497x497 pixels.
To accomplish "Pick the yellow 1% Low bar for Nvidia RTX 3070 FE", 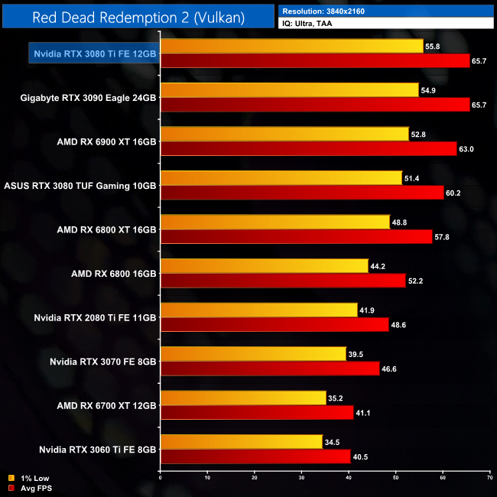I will click(253, 354).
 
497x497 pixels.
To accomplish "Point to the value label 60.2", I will click(455, 193).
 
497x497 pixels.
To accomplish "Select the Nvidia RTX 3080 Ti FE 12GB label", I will click(95, 54).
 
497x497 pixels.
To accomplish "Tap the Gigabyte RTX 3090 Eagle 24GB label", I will click(89, 97).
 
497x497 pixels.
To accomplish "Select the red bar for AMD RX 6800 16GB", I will click(283, 281).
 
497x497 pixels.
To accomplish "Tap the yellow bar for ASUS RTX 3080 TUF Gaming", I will click(281, 178).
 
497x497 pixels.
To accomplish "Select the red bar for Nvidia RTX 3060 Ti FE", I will click(255, 456).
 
